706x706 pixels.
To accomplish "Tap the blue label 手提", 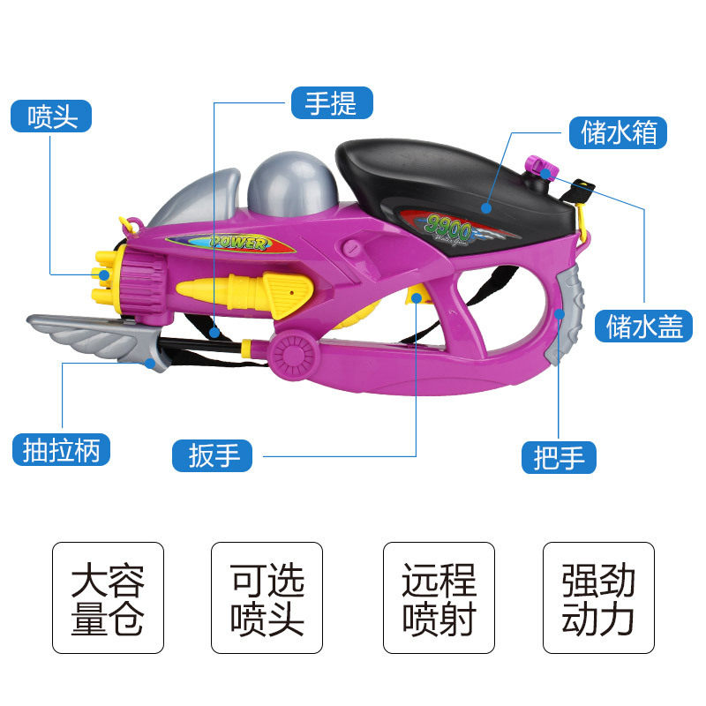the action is click(332, 103).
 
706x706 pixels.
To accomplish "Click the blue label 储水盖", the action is click(643, 326).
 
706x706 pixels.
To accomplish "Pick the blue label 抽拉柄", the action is click(62, 450).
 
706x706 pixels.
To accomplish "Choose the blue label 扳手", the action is click(214, 455).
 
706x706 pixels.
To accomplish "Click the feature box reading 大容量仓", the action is click(108, 597).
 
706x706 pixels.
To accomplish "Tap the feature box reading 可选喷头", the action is click(267, 597).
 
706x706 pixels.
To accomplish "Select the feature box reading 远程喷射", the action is click(439, 597).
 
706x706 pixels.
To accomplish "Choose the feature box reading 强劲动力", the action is click(598, 597).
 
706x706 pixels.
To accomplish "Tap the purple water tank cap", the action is click(538, 165).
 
